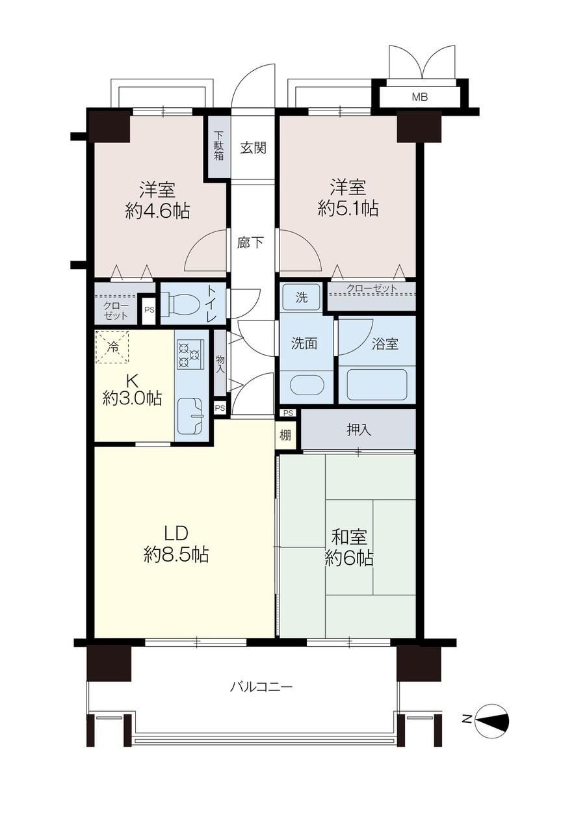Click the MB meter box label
pos(420,97)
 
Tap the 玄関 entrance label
pos(253,148)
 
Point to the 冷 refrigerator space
pos(112,347)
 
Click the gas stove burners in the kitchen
pos(189,355)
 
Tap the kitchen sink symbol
pos(190,417)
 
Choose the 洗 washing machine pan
pos(302,297)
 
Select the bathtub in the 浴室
pos(377,385)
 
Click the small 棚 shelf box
pos(285,435)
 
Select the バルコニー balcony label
pos(261,687)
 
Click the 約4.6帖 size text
pos(157,211)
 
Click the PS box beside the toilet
pos(150,310)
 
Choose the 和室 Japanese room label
pos(349,537)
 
